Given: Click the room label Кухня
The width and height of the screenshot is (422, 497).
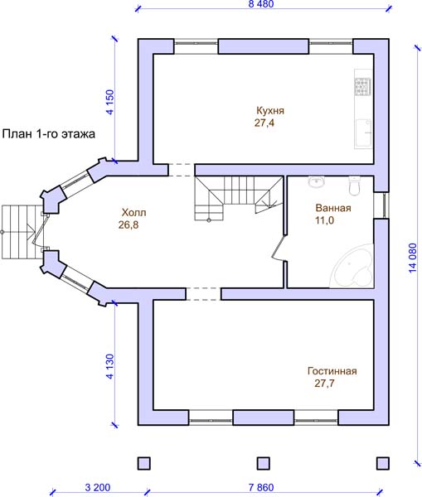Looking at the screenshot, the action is tap(270, 111).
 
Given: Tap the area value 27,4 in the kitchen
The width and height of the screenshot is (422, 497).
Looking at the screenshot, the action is tap(264, 123).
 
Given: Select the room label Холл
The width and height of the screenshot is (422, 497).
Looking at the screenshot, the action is tap(134, 212).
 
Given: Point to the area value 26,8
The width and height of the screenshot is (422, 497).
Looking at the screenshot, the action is tap(129, 224).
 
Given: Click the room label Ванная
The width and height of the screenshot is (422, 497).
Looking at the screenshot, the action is tap(333, 208).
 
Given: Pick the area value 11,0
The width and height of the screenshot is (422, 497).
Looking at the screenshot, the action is tap(325, 220).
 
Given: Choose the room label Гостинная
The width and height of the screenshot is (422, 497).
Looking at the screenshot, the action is tap(332, 371).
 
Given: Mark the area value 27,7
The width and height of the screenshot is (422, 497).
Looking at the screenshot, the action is tap(325, 384).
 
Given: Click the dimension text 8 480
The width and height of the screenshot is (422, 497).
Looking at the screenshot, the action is tap(261, 4).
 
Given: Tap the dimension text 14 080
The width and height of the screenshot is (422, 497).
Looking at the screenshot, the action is tap(412, 258).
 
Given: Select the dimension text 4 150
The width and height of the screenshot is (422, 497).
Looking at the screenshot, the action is tap(109, 102).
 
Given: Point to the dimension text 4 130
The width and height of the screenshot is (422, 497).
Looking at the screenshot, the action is tap(109, 366).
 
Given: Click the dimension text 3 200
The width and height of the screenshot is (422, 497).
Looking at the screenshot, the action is tap(98, 487).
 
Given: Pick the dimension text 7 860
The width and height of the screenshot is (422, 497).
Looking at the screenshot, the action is tap(261, 487).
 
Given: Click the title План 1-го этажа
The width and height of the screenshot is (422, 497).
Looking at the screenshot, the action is tap(49, 133).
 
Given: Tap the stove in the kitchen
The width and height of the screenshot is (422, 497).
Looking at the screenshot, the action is tap(362, 86).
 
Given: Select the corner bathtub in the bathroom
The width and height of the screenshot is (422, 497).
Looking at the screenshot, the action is tap(352, 266).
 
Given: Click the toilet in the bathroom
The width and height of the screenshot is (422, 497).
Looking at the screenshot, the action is tap(354, 186).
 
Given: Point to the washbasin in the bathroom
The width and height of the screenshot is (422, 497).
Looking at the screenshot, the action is tap(317, 182).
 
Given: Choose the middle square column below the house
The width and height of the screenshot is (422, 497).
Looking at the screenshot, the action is tap(263, 463).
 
